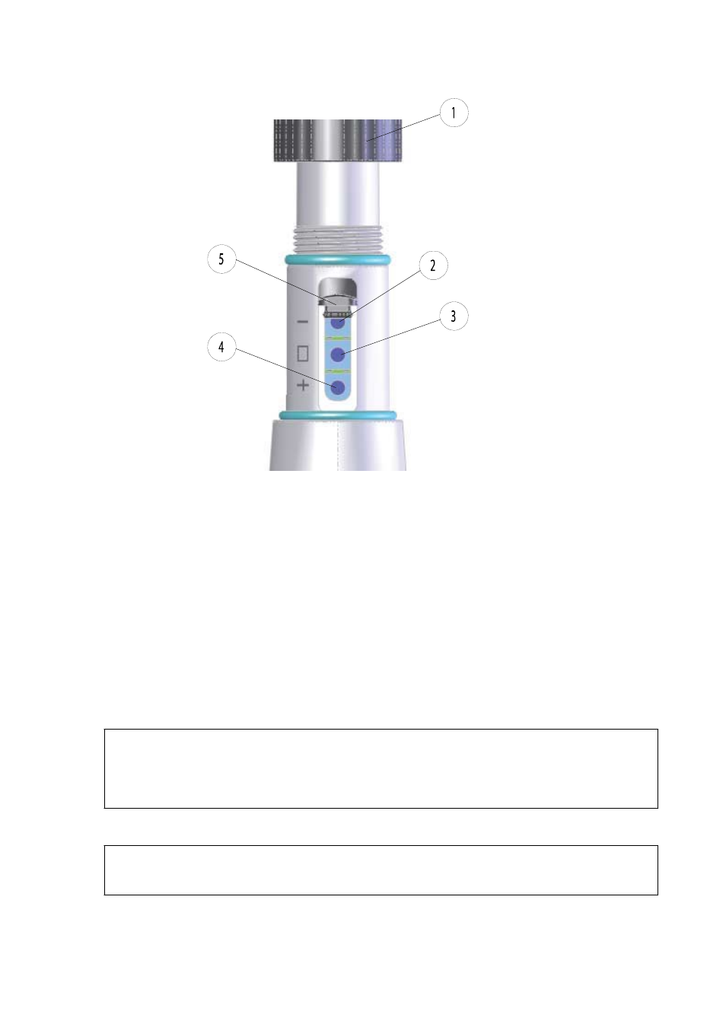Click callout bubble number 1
point(454,113)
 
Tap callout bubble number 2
point(433,265)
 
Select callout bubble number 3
point(454,316)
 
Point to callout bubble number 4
point(221,347)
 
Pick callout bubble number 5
point(221,259)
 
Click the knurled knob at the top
point(338,140)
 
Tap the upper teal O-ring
point(338,259)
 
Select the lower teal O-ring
point(338,415)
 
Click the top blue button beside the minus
point(338,323)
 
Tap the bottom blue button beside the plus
point(338,387)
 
